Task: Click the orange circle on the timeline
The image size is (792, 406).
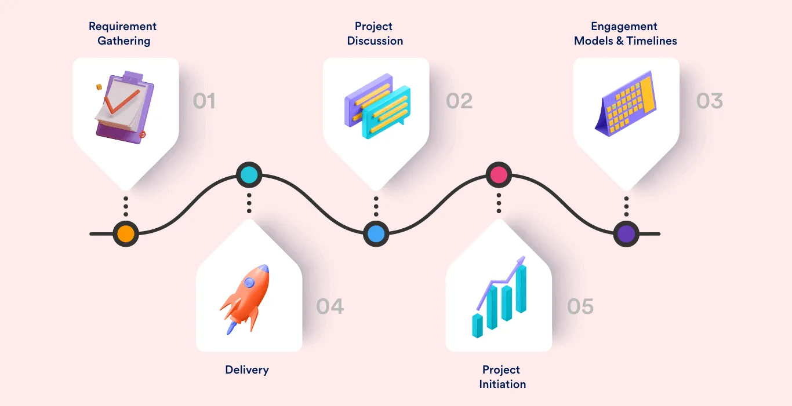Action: click(125, 234)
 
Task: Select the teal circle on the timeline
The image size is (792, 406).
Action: click(249, 174)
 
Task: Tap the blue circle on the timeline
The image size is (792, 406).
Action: click(376, 234)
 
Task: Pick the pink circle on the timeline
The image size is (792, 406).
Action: click(499, 174)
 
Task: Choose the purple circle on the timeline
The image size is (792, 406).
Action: click(626, 234)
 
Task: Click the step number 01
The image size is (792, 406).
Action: click(204, 101)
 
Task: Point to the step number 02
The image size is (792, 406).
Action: click(459, 101)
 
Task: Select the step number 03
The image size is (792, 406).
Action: click(710, 101)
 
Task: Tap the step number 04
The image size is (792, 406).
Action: click(330, 306)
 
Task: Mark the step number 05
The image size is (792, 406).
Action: click(580, 306)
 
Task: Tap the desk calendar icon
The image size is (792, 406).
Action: click(626, 104)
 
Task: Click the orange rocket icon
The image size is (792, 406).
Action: click(246, 298)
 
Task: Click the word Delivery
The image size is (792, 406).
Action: click(247, 370)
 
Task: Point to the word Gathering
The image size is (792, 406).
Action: click(123, 41)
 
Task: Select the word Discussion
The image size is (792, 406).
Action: click(375, 41)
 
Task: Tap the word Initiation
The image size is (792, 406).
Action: click(502, 384)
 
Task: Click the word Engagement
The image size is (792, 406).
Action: click(624, 26)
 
